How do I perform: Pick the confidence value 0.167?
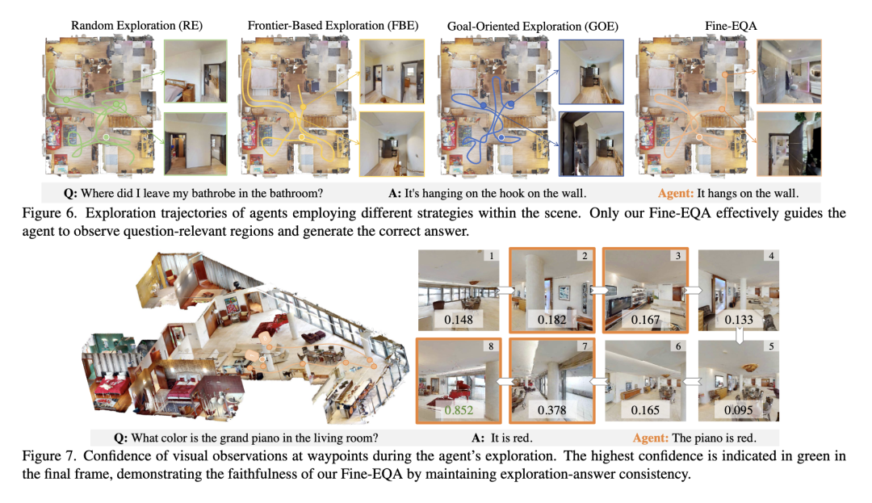click(x=644, y=320)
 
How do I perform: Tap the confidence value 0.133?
click(x=739, y=320)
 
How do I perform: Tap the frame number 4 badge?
click(x=771, y=257)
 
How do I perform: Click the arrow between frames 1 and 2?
click(x=505, y=289)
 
